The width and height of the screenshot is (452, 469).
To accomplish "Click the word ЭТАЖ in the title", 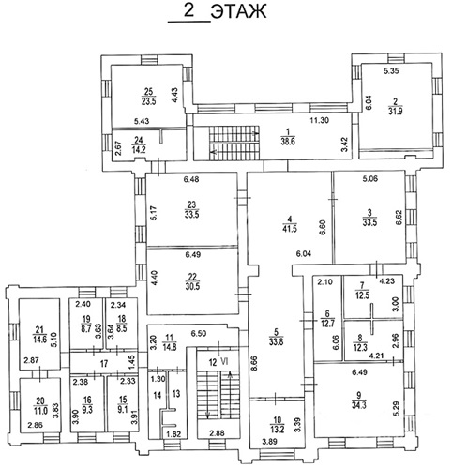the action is (x=238, y=11).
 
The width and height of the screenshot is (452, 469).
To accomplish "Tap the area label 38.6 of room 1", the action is (x=288, y=142).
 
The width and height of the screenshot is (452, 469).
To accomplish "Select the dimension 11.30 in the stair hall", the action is (x=319, y=120).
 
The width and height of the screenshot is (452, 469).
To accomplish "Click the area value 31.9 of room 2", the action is (x=396, y=111).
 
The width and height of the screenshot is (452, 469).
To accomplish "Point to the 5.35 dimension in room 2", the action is (x=391, y=71).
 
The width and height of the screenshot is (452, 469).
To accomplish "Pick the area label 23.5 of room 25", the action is (x=148, y=101).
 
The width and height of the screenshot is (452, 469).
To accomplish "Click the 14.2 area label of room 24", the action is (x=138, y=149).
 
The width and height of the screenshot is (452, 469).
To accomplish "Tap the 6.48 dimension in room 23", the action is (x=191, y=179).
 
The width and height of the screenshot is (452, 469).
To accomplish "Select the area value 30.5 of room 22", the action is (x=192, y=286).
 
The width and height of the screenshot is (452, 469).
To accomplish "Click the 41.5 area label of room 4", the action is (x=290, y=229).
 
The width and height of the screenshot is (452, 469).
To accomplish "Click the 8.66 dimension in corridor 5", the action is (x=253, y=362).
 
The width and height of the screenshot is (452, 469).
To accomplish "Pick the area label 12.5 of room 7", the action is (x=362, y=295).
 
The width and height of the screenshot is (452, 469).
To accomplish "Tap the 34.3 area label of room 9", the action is (x=359, y=405).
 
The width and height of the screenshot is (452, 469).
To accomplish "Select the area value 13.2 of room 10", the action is (x=278, y=430).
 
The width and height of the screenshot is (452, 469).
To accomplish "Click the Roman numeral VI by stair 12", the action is (x=224, y=362).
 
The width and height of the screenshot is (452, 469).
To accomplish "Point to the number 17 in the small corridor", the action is (x=104, y=364).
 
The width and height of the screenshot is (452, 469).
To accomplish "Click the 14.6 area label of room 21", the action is (x=39, y=340).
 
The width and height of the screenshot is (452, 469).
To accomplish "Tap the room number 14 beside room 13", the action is (x=158, y=396).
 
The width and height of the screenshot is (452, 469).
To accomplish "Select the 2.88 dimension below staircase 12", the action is (x=217, y=433).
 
